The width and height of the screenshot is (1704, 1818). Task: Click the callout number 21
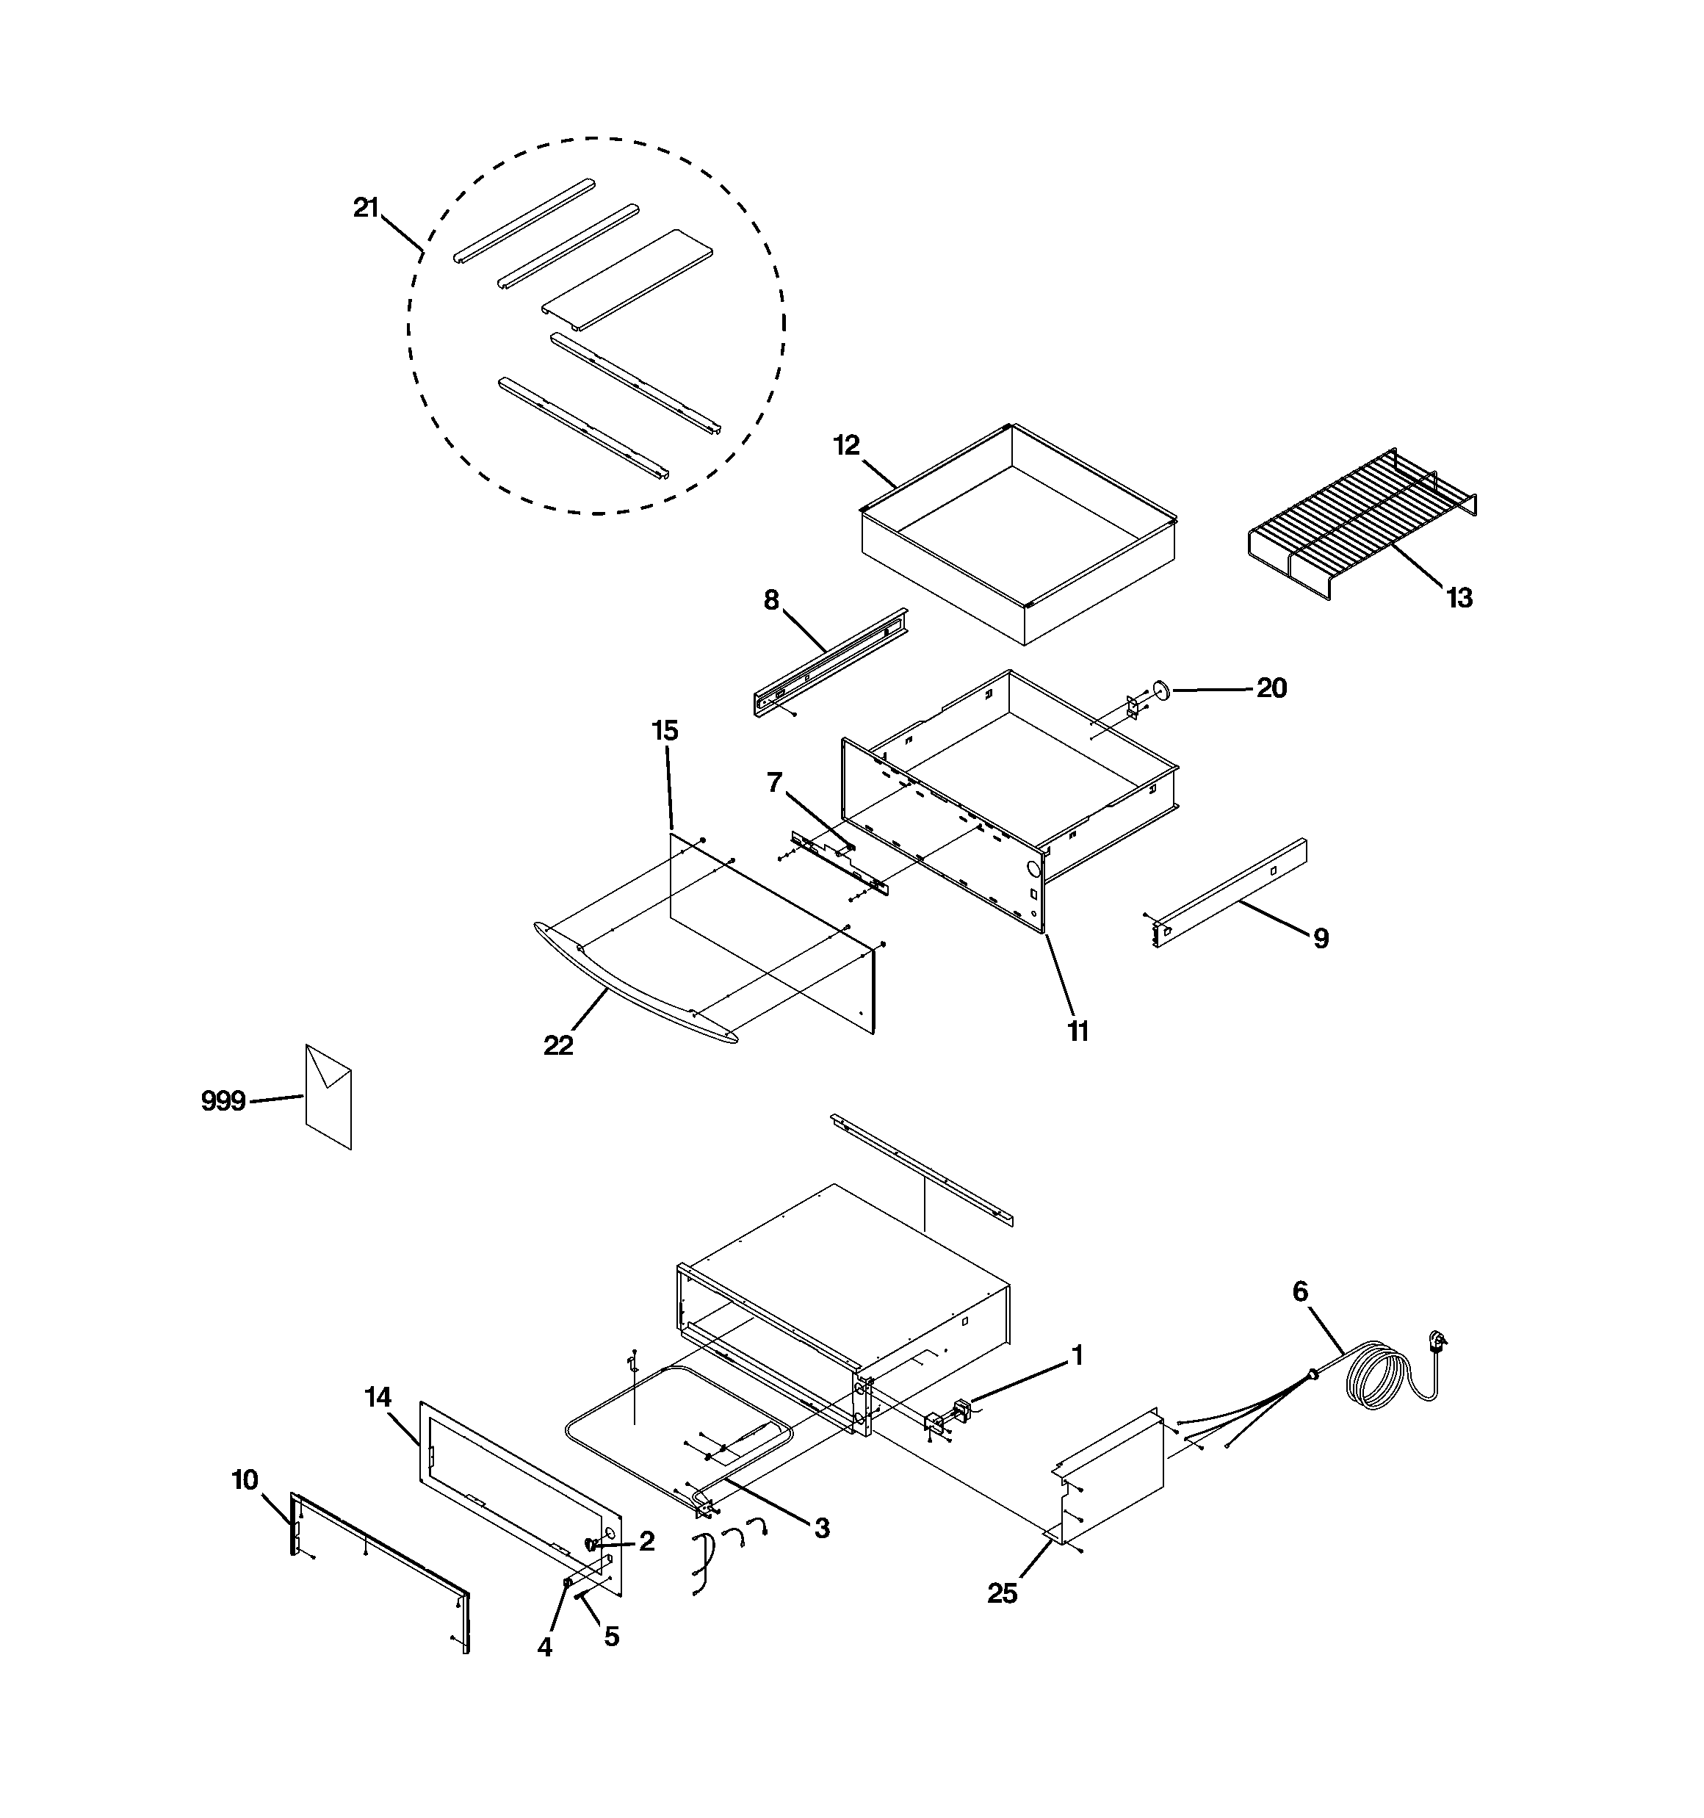coord(366,209)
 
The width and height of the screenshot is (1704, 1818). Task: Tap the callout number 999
coord(223,1102)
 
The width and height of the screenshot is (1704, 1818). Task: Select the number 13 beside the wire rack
coord(1459,598)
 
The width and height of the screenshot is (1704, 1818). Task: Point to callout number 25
coord(1003,1594)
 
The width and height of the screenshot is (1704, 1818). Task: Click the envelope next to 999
coord(328,1097)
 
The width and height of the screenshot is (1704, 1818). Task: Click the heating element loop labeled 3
coord(640,1436)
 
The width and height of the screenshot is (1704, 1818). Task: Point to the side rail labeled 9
coord(1230,892)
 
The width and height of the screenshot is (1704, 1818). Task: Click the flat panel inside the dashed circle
coord(627,279)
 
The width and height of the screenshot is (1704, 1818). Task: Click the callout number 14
coord(378,1397)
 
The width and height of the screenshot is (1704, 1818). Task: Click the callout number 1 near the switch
coord(1077,1355)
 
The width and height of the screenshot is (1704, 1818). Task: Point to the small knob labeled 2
coord(593,1544)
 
